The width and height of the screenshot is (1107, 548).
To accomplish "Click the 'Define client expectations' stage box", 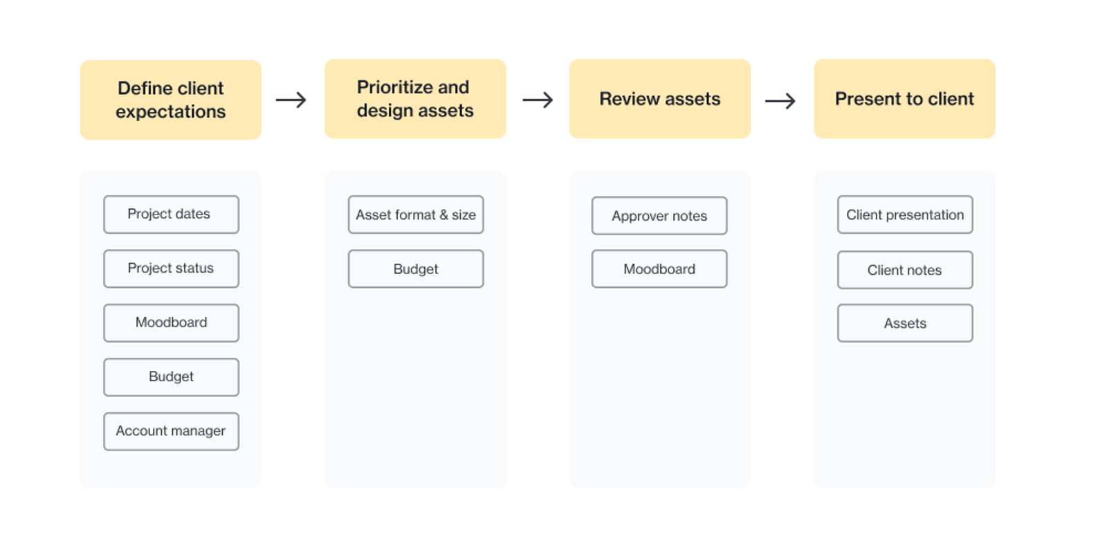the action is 170,100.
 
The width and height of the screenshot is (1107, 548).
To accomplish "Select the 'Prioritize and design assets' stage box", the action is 415,99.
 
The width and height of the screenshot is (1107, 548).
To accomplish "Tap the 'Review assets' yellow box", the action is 660,99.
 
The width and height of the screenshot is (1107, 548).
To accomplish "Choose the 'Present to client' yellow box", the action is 904,99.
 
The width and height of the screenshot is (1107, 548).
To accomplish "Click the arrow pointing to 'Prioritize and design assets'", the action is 291,100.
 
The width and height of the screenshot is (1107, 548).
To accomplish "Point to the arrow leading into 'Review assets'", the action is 538,100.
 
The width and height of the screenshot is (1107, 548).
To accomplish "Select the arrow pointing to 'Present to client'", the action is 780,101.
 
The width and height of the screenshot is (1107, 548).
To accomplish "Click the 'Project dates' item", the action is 171,214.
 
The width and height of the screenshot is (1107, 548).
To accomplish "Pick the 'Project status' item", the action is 171,269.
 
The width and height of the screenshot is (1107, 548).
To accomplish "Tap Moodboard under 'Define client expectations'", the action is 171,323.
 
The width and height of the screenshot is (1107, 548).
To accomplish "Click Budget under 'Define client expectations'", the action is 171,377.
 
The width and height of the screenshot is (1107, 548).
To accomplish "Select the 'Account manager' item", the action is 171,431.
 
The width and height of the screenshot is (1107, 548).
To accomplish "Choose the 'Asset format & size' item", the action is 416,214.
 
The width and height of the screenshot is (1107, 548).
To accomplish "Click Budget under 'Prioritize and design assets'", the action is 416,269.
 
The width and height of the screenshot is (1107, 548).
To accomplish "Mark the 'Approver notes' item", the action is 659,215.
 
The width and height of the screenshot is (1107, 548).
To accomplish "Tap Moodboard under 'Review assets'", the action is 659,269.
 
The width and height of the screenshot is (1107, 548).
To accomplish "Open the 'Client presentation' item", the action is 905,214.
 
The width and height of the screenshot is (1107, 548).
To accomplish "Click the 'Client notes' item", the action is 905,270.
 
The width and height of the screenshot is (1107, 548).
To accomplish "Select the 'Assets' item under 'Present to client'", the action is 905,323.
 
